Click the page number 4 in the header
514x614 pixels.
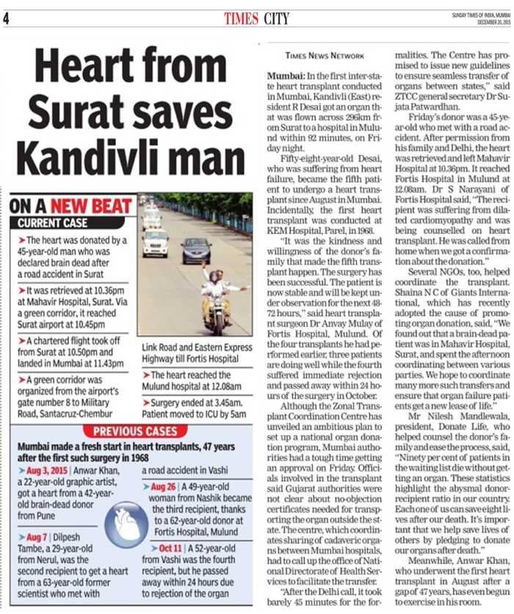pos(7,18)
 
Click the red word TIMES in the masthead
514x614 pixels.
pos(242,18)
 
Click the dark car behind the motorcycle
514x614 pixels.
pos(196,249)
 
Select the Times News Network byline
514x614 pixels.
pos(324,55)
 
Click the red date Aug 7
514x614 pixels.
pos(41,535)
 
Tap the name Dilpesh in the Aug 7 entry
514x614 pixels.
pos(85,535)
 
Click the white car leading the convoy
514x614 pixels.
pos(155,241)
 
